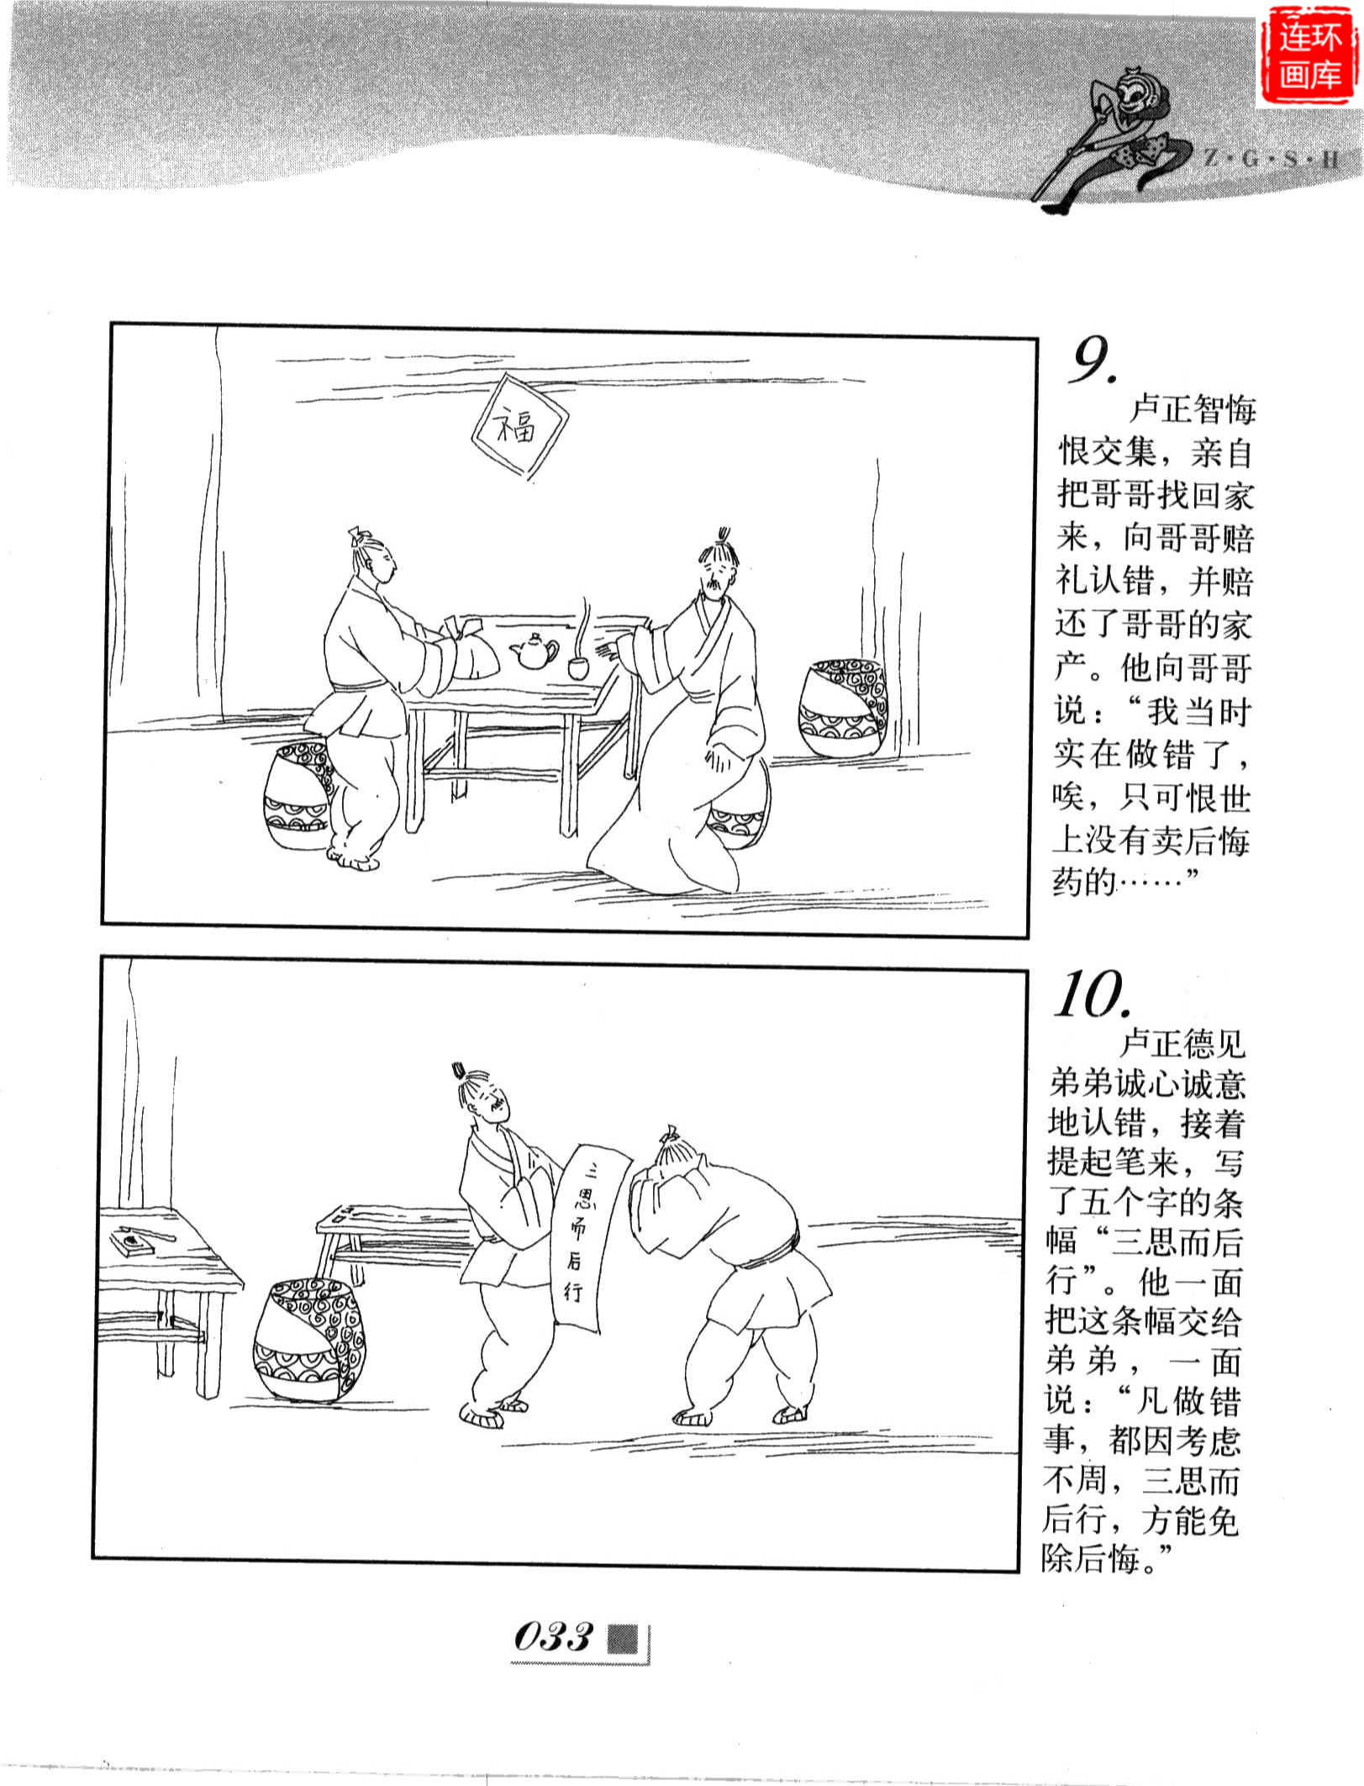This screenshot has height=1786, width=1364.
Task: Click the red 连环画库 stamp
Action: [x=1308, y=56]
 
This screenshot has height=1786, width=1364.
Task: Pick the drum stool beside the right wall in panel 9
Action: [x=840, y=708]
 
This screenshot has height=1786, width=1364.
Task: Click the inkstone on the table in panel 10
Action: [x=132, y=1240]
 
